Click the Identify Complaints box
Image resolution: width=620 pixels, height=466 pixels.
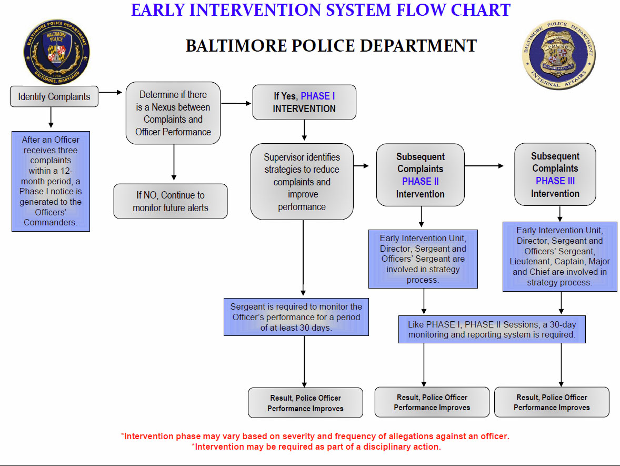(54, 97)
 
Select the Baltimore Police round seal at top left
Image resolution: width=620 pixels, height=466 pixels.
(56, 52)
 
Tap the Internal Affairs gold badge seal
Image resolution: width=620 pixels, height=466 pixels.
(559, 55)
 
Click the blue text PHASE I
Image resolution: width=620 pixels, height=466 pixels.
(318, 96)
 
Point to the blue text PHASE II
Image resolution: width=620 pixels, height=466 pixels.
(420, 182)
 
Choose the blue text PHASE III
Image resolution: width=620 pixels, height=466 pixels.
(555, 181)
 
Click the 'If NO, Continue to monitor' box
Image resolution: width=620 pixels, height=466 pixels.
(171, 201)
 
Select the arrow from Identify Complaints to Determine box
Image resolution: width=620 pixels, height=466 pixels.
(111, 93)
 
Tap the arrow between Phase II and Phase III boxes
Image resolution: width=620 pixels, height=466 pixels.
(484, 166)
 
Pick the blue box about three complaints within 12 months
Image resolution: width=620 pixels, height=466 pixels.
(51, 181)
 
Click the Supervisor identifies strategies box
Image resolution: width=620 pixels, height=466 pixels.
(302, 182)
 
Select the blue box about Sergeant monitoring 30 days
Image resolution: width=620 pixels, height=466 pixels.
(296, 316)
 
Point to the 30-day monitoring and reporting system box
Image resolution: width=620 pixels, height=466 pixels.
(492, 330)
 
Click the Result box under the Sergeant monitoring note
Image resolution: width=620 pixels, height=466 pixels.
(305, 403)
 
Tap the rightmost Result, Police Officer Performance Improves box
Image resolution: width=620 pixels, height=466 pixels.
(552, 402)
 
